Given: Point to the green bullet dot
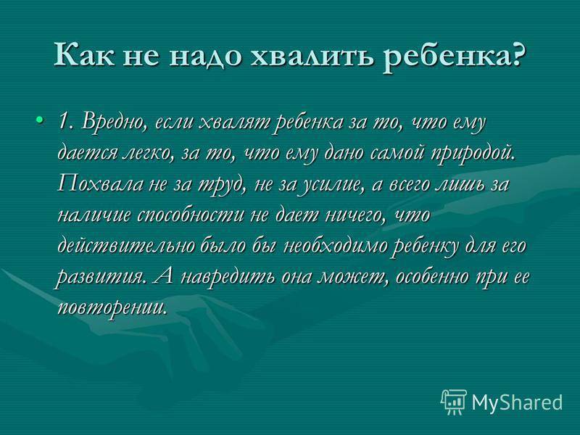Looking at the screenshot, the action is pyautogui.click(x=40, y=120).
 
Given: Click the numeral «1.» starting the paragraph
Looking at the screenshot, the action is pyautogui.click(x=65, y=121).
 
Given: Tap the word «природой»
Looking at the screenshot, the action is pyautogui.click(x=473, y=154).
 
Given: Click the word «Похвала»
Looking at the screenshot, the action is pyautogui.click(x=100, y=184).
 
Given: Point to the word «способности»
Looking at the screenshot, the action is pyautogui.click(x=191, y=215).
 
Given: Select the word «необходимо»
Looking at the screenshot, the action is pyautogui.click(x=336, y=246).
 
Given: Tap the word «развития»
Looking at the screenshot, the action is pyautogui.click(x=99, y=278).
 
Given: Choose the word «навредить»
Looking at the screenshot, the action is pyautogui.click(x=227, y=277).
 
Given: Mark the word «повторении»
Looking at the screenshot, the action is pyautogui.click(x=110, y=307).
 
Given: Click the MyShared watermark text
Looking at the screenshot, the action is pyautogui.click(x=518, y=402).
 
